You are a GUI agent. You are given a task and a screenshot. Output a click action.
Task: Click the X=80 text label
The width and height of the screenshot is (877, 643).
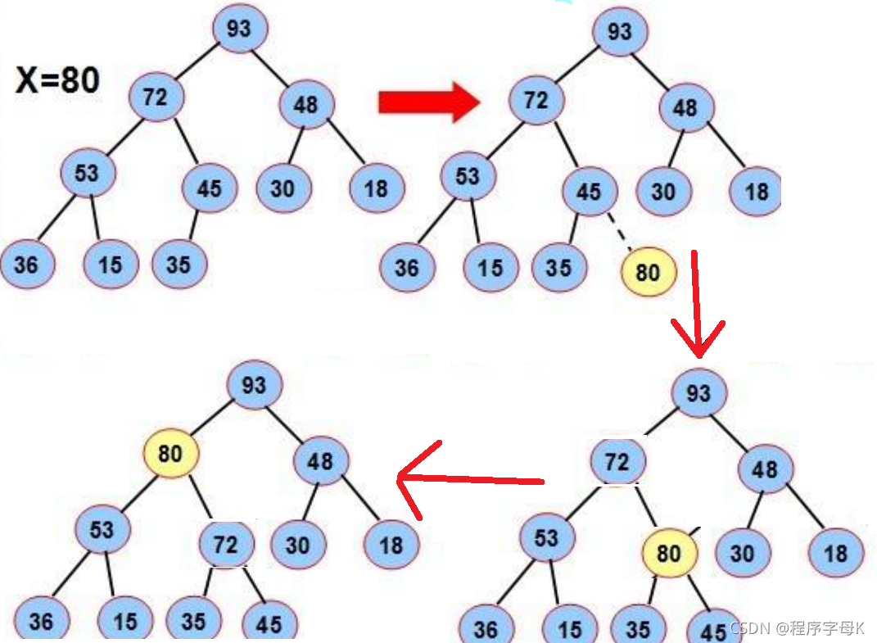point(58,80)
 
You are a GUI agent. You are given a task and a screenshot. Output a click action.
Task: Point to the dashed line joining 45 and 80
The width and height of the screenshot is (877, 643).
point(620,230)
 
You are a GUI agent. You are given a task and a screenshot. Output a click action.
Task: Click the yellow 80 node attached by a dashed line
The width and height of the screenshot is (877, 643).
point(648,272)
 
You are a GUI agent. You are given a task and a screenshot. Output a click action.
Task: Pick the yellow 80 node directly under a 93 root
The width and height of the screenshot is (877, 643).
point(170,452)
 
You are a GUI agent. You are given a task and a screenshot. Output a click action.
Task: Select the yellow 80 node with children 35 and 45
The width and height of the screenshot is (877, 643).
point(668,553)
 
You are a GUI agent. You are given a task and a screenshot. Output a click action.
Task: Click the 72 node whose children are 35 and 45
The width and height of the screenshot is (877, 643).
point(226,545)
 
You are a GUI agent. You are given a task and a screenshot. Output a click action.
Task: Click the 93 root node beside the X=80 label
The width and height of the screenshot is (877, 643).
point(239,29)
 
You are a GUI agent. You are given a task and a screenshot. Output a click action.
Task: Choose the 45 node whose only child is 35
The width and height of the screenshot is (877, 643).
point(209,188)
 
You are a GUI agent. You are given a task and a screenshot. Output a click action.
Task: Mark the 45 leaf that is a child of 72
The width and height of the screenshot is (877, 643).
point(269,624)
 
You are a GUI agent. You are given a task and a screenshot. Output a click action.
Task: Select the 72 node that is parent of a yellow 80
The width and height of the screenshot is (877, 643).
point(617,462)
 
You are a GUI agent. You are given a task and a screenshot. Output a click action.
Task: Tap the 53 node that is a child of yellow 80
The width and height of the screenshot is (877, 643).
point(102,528)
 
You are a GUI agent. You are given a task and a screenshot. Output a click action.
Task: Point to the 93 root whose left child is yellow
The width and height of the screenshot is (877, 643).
point(254,384)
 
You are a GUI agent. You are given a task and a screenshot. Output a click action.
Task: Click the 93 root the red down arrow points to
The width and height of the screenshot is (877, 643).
point(698,393)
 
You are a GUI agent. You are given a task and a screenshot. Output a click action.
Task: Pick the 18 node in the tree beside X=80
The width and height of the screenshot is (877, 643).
point(375,189)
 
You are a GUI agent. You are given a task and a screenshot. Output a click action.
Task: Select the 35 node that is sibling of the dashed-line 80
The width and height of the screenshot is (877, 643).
point(558,268)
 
